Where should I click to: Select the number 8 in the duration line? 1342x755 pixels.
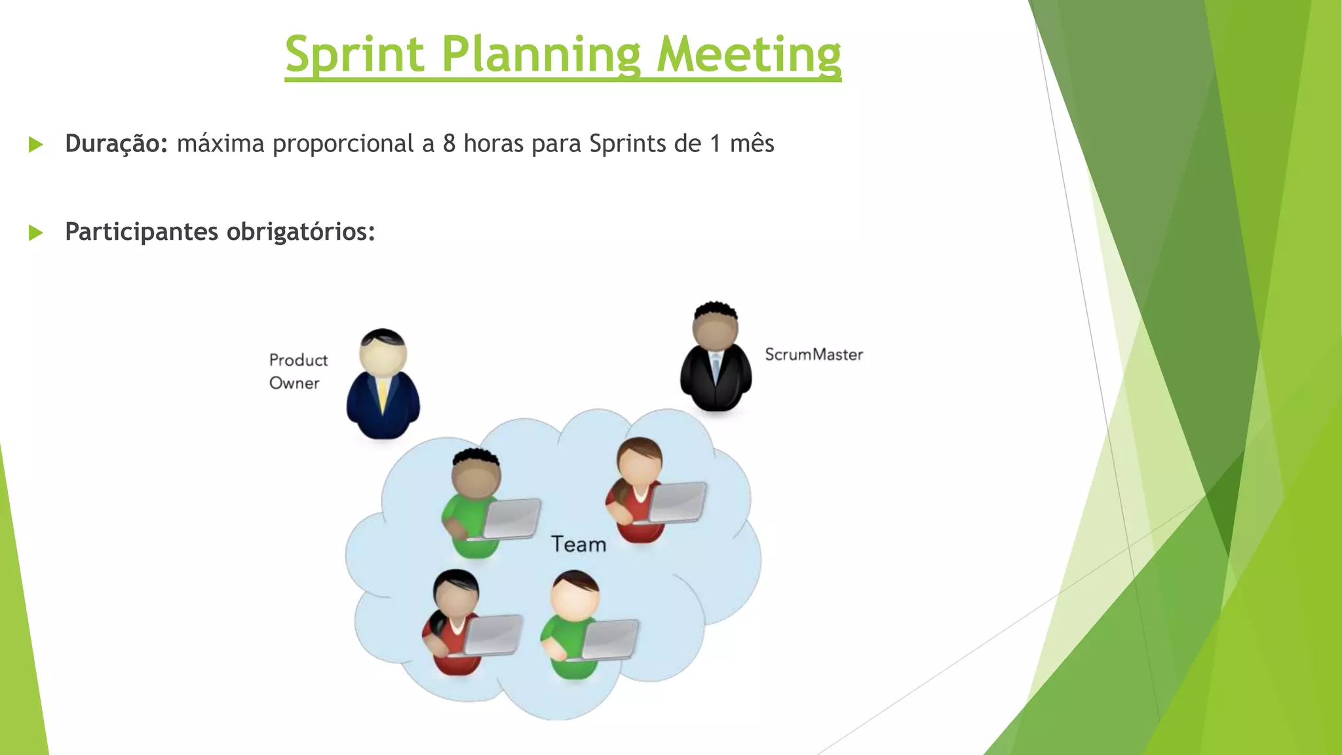[x=449, y=144]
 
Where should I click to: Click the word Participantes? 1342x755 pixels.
[x=141, y=231]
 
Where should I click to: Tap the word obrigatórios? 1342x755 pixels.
[x=301, y=231]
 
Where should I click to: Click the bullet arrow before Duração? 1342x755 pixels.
[x=36, y=144]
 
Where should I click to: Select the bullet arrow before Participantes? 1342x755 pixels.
[x=36, y=232]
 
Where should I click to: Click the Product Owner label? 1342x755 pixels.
[x=297, y=371]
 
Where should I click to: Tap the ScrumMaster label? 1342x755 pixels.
[x=813, y=355]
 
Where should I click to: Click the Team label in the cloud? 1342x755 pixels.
[x=578, y=545]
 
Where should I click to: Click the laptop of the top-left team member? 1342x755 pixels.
[x=512, y=518]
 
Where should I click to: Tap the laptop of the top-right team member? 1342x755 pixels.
[x=677, y=501]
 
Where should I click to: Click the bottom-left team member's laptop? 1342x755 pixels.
[x=493, y=634]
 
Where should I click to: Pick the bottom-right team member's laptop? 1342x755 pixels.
[x=609, y=639]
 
